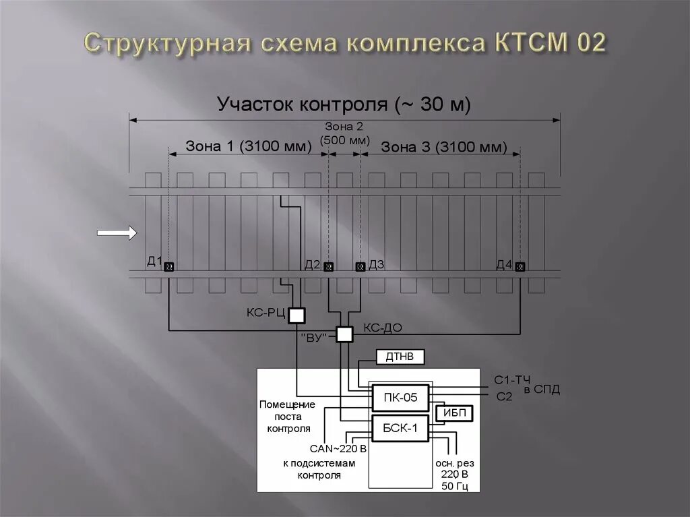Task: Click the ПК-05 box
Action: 400,398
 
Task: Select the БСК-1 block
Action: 400,428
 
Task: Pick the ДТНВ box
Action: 400,357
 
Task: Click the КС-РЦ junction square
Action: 296,314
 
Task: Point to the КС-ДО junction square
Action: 344,334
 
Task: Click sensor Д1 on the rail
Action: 168,266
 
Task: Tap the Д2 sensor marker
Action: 328,266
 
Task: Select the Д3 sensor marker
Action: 360,266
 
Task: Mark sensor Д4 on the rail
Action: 520,266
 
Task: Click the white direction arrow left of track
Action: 117,233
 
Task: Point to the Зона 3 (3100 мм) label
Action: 443,147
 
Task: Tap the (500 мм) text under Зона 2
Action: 344,140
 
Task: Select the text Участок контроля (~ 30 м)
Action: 344,104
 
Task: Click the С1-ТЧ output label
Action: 513,381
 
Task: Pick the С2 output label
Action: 504,397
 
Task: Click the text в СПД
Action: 542,390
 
